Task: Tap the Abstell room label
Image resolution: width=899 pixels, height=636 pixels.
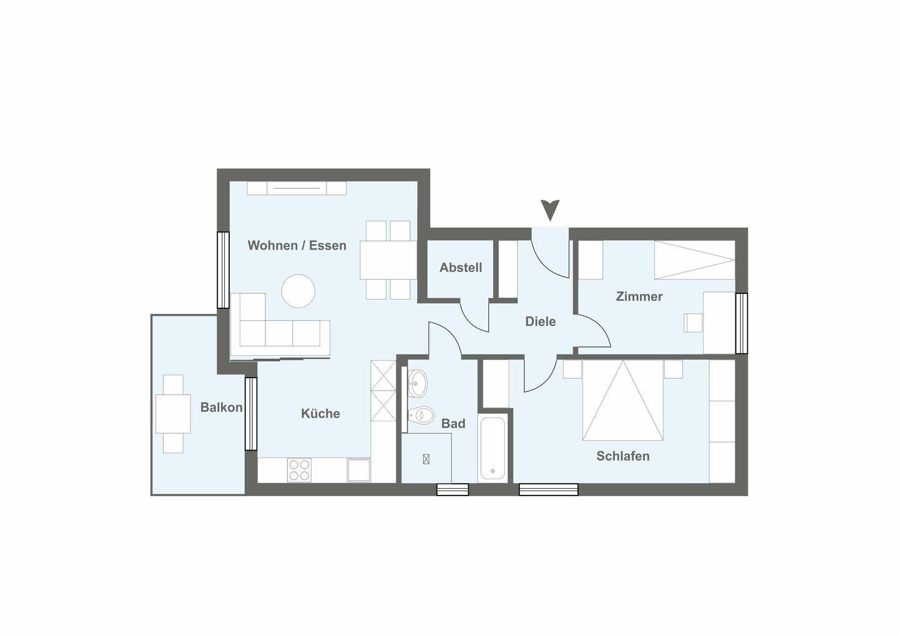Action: point(460,267)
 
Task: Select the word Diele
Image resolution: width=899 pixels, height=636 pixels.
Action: point(540,321)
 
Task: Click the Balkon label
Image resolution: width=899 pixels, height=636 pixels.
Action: point(221,408)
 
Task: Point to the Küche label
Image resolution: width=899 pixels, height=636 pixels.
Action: point(320,413)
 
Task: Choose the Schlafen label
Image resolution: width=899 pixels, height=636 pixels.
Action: point(622,456)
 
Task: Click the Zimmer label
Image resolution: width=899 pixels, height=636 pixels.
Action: point(639,296)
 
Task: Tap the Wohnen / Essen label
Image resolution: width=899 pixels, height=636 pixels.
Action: point(297,245)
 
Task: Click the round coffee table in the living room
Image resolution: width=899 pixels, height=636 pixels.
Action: point(298,291)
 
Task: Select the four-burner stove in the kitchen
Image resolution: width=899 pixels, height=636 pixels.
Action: point(300,470)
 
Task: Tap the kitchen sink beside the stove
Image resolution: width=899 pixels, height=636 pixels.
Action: point(359,470)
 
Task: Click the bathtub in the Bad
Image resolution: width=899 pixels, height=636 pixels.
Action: point(493,449)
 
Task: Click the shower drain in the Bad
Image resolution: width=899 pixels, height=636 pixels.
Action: point(426,459)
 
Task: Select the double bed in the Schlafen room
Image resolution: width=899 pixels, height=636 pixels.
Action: point(622,400)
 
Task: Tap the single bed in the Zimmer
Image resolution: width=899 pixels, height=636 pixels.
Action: point(695,260)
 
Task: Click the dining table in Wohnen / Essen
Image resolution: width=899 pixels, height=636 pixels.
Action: point(388,260)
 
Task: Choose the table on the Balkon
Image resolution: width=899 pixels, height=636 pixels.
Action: point(173,414)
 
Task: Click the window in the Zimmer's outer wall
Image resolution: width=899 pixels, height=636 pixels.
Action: point(741,323)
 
